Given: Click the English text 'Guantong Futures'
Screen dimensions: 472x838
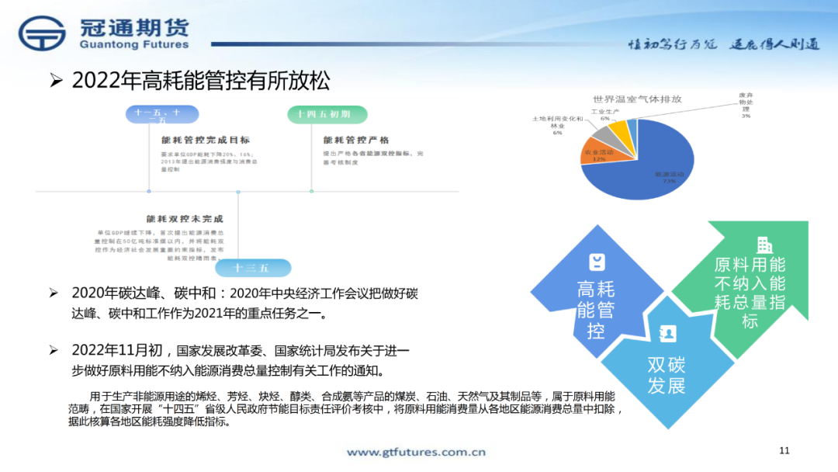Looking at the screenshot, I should pos(133,45).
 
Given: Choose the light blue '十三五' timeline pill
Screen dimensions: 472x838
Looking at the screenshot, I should pos(252,268).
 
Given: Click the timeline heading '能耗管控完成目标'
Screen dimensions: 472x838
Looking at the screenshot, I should pos(205,141).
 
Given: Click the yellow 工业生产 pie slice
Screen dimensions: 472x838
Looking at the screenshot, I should pos(621,134).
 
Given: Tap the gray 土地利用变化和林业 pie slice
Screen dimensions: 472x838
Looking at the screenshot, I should pos(604,139).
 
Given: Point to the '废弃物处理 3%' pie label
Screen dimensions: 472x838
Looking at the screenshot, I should pos(746,105).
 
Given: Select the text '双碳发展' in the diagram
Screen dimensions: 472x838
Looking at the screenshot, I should pos(667,375).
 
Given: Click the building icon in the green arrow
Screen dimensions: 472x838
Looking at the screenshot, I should pos(764,245).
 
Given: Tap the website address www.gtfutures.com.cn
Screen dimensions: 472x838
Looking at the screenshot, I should pos(416,452).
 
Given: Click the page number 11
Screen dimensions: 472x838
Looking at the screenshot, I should pos(784,450).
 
